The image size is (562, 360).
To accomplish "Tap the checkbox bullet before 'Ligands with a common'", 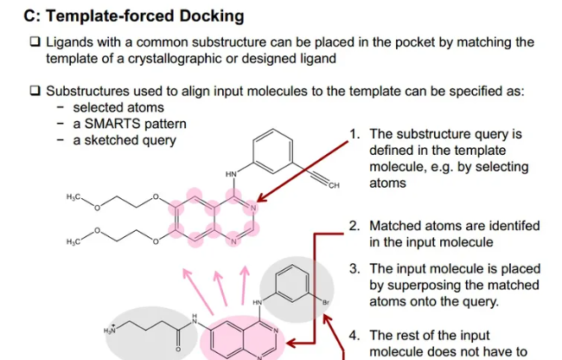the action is coord(35,42).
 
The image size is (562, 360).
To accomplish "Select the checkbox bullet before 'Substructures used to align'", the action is coord(35,91).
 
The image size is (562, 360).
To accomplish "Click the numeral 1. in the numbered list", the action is coord(354,134).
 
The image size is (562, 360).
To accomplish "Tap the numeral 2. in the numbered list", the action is coord(354,227).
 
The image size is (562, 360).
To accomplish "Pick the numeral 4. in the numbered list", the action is coord(354,335).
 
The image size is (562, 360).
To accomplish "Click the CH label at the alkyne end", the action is coord(334,185).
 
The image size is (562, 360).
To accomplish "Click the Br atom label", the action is coord(326,304).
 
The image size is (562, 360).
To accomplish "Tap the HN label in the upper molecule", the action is coord(231,174).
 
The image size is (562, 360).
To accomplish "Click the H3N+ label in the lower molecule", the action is coord(109,331).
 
